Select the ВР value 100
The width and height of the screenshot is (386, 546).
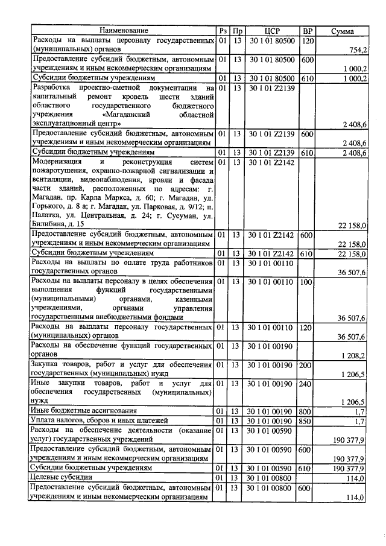coord(307,282)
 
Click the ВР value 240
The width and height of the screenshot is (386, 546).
coord(307,384)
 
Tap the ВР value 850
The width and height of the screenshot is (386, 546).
coord(307,421)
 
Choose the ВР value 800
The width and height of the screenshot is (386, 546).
coord(307,411)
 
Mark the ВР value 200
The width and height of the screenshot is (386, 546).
coord(307,366)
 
